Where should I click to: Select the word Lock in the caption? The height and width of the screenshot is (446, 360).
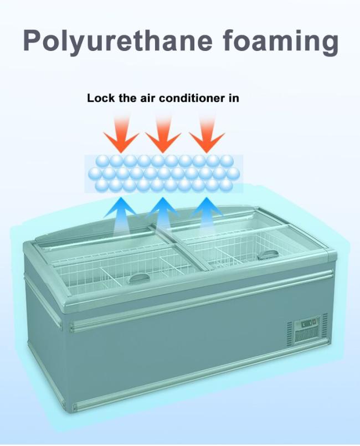tap(98, 99)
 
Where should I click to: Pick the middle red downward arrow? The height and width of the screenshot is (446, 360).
tap(163, 135)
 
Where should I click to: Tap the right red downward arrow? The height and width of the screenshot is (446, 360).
tap(207, 135)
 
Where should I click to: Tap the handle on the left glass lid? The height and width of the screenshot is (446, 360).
tap(138, 277)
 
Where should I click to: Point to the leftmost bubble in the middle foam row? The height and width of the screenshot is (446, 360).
tap(95, 173)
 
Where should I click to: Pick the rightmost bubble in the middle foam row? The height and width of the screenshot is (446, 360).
tap(233, 173)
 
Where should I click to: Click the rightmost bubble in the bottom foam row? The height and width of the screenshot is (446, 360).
tap(225, 185)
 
